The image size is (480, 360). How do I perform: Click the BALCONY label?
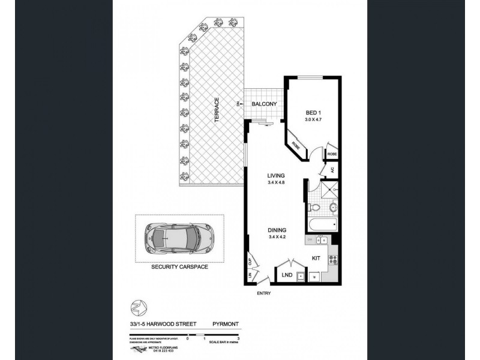(x=264, y=104)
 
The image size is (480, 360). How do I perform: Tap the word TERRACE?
(x=216, y=110)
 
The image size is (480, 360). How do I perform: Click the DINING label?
(x=277, y=229)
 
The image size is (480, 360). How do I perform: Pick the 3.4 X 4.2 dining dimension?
(x=277, y=236)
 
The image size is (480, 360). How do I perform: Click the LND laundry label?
(x=287, y=276)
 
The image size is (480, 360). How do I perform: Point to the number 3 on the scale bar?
(x=239, y=338)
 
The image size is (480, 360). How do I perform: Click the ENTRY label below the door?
(x=263, y=293)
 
